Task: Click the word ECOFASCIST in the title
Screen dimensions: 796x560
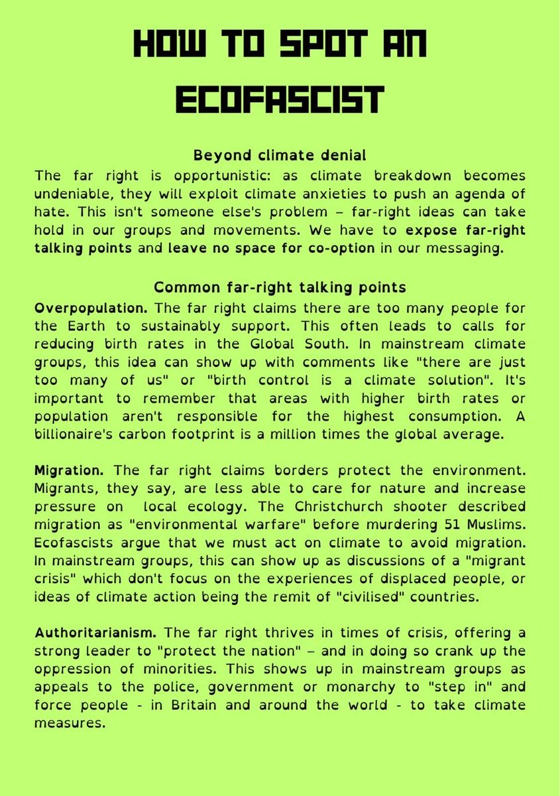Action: (x=279, y=100)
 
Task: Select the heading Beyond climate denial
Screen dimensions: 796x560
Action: (x=279, y=156)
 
